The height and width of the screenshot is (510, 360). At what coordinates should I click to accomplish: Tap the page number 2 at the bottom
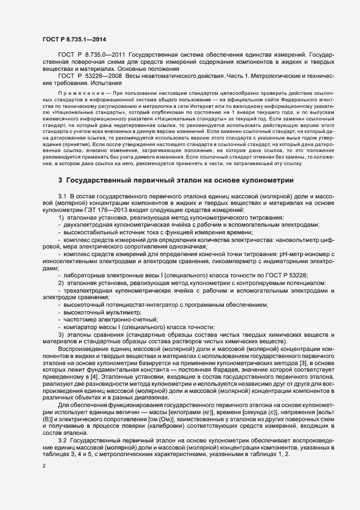click(x=44, y=466)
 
